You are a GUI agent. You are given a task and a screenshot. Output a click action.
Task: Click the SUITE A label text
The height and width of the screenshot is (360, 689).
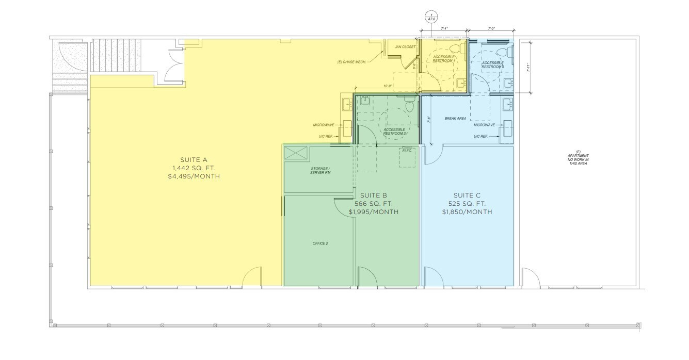pos(194,159)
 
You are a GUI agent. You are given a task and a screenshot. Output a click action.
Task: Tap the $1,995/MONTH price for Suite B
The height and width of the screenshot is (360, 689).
pos(373,212)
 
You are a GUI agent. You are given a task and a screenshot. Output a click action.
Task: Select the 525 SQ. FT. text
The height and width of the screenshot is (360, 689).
pos(467,204)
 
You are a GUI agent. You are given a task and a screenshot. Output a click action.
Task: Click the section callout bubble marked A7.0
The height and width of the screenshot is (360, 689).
pos(431,16)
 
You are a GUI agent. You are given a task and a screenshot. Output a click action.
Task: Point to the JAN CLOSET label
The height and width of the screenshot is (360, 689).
pos(405,47)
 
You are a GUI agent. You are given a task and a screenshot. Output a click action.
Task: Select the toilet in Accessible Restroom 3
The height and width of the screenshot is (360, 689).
pos(508,52)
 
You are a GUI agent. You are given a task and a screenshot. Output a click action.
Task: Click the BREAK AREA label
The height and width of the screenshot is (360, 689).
pos(455,119)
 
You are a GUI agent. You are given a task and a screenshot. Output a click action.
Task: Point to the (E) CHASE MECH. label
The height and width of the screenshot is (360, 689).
pos(351,62)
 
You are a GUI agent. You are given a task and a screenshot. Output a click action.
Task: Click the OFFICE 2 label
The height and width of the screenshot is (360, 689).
pos(320,243)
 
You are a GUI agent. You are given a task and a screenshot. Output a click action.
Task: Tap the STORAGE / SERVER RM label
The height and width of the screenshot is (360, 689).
pos(320,171)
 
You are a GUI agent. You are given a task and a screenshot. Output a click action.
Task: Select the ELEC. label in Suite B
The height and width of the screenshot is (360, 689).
pos(407,151)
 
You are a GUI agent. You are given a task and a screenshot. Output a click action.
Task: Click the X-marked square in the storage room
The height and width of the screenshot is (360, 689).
pos(296,153)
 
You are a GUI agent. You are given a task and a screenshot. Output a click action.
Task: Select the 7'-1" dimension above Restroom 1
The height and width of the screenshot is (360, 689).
pos(443,29)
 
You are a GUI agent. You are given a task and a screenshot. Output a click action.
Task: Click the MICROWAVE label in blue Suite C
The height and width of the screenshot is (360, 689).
pos(485,125)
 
